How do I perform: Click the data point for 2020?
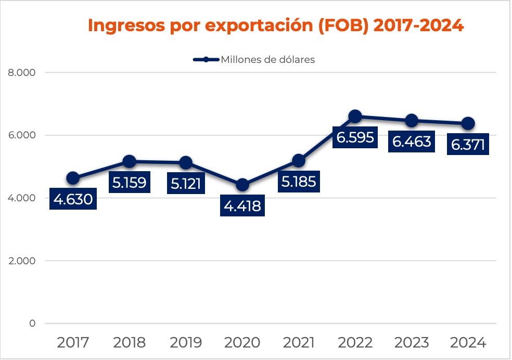pos(242,185)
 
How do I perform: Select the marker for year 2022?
pos(355,116)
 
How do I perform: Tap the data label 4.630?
pos(73,199)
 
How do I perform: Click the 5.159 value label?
pos(130,183)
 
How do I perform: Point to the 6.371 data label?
pos(468,145)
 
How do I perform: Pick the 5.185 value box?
pos(299,183)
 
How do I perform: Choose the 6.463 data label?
pos(412,142)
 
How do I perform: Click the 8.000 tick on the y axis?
pos(22,73)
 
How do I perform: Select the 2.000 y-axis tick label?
pos(22,261)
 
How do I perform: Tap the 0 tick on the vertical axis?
pos(32,323)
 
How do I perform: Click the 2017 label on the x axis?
pos(73,342)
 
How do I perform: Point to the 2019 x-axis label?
pos(186,342)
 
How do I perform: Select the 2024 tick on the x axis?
pos(468,342)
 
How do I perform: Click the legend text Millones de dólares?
pos(268,59)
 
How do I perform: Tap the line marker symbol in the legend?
pos(206,59)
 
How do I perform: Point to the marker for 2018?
pos(130,161)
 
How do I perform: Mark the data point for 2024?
pos(468,123)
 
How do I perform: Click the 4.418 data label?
pos(242,206)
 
